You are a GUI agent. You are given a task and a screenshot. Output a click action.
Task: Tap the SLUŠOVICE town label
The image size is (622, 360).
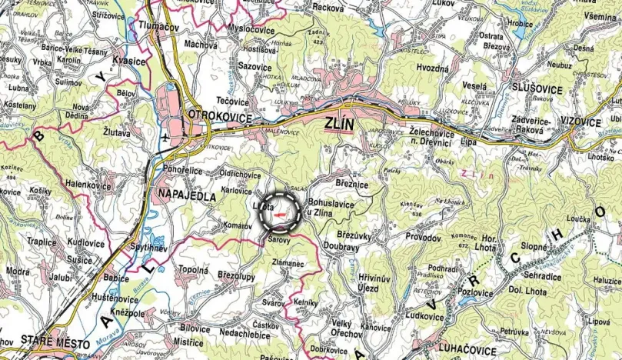pyautogui.click(x=536, y=90)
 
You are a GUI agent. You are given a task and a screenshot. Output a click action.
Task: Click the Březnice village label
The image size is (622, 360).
pyautogui.click(x=351, y=185)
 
